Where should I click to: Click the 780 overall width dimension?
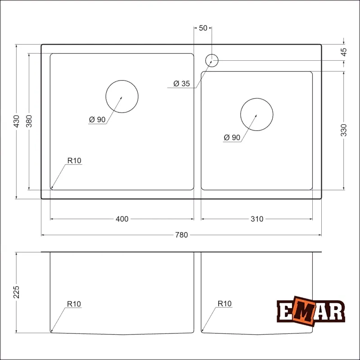(x=182, y=234)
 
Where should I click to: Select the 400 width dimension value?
(x=122, y=219)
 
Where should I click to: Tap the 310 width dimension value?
(x=257, y=219)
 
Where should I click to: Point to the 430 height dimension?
(x=16, y=121)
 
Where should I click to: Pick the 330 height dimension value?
(x=344, y=130)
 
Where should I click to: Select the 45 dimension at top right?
(x=344, y=52)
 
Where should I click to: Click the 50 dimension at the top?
(x=202, y=28)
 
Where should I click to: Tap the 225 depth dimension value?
(x=16, y=292)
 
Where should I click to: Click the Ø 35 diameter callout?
(x=182, y=83)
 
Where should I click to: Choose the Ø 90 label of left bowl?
(x=97, y=119)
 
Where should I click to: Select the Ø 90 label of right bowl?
(x=232, y=138)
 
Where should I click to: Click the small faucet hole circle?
(x=211, y=60)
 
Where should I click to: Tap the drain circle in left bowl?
(x=122, y=96)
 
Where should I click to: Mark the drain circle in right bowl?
(x=257, y=115)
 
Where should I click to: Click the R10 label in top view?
(x=74, y=160)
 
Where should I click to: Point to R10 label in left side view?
(x=74, y=304)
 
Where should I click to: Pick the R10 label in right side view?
(x=225, y=304)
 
